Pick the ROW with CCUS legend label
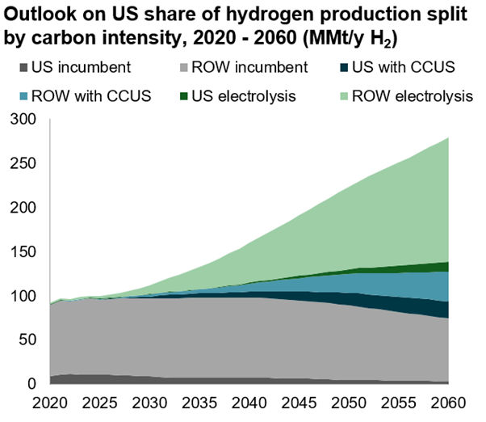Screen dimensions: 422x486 click(x=77, y=97)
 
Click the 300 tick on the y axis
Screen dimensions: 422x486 click(x=27, y=119)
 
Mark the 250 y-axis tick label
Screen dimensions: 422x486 click(x=27, y=163)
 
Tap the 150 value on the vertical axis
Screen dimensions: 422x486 click(x=27, y=251)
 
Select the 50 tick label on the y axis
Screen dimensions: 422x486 click(x=31, y=340)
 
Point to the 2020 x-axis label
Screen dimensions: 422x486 click(x=50, y=402)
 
